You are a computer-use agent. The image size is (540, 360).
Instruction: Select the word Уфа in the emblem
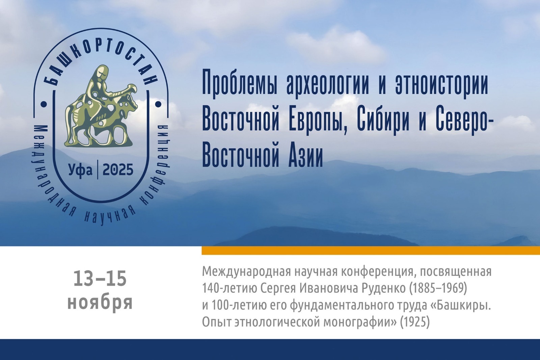tap(80, 170)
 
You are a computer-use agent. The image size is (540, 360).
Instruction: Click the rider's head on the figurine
tap(101, 72)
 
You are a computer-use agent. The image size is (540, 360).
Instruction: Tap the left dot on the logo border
tap(44, 104)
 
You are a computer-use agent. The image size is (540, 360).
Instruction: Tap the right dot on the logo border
tap(158, 104)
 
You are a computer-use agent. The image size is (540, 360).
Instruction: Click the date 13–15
tap(100, 278)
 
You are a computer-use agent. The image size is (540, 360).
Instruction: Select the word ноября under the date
tap(100, 303)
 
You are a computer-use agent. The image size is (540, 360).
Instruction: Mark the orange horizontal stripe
tap(371, 251)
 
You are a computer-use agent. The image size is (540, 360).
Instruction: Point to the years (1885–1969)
tap(437, 289)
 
